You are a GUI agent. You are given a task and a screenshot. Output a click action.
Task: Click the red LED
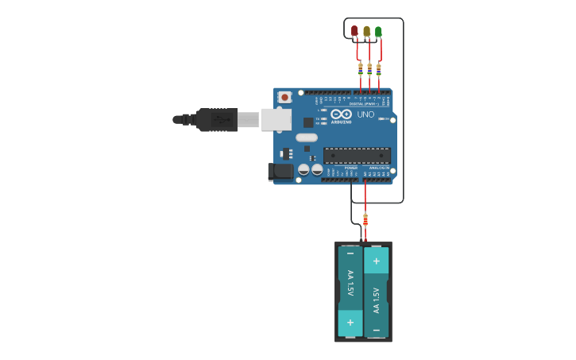tap(354, 31)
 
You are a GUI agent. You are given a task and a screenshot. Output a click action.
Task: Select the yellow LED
tap(366, 31)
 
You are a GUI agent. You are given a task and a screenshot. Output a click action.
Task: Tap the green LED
tap(378, 32)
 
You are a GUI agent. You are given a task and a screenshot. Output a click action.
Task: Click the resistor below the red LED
tap(361, 68)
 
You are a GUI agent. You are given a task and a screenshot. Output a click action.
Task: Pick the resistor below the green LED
tap(378, 68)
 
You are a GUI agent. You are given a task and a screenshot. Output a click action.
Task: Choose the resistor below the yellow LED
tap(369, 69)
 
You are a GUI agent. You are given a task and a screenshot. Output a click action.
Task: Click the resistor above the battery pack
tap(365, 219)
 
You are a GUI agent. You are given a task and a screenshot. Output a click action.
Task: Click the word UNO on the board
tap(365, 114)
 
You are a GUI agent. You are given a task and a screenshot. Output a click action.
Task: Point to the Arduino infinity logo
tap(342, 114)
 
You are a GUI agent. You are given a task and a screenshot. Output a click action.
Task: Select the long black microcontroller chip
tap(357, 156)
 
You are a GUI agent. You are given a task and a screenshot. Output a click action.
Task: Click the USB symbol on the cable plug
tap(222, 120)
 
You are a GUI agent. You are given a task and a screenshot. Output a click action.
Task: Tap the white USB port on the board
tap(276, 119)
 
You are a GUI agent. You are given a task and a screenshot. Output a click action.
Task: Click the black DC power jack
tap(281, 171)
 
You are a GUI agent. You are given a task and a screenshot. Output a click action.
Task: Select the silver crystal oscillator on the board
tap(307, 137)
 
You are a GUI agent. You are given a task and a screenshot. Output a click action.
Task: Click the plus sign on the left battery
tap(350, 323)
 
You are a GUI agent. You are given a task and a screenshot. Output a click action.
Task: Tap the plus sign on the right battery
tap(377, 260)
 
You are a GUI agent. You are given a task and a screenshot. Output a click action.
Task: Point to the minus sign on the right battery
tap(377, 328)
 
